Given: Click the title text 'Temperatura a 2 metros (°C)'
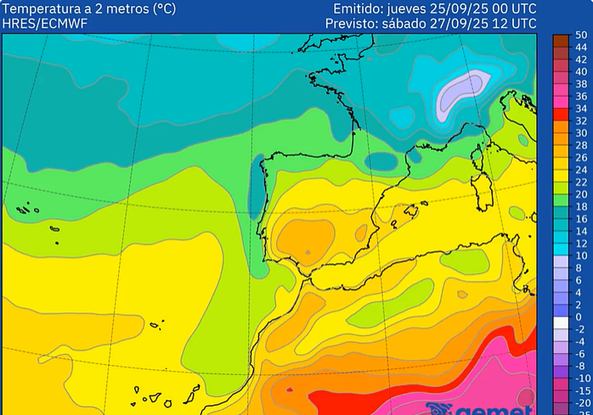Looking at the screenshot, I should (x=89, y=9).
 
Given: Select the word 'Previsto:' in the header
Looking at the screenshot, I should (x=348, y=23).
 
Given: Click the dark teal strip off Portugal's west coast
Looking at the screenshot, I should (x=256, y=188).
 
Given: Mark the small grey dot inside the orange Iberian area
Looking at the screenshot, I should (x=307, y=252).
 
